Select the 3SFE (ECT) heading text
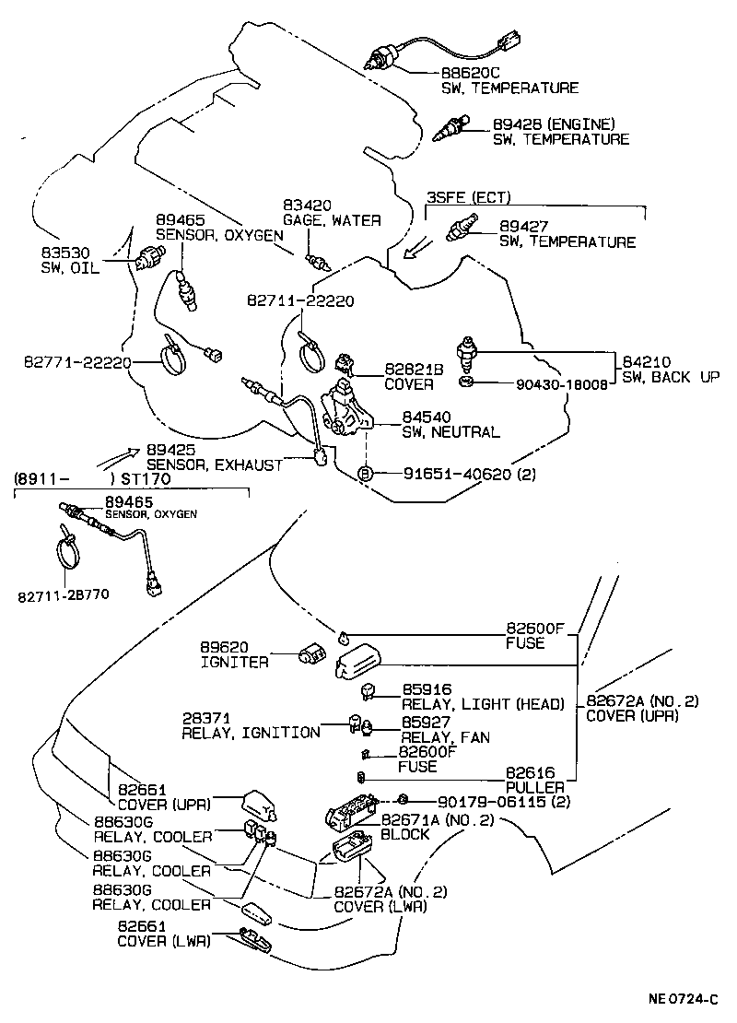pos(468,197)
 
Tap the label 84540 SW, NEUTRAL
pos(450,425)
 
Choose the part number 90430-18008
pos(560,384)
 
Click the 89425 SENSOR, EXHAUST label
pos(214,458)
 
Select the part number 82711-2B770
pos(62,594)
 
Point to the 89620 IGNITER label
pos(235,654)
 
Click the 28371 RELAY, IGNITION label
pos(250,725)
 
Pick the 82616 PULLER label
pos(534,781)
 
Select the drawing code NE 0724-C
pos(682,998)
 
